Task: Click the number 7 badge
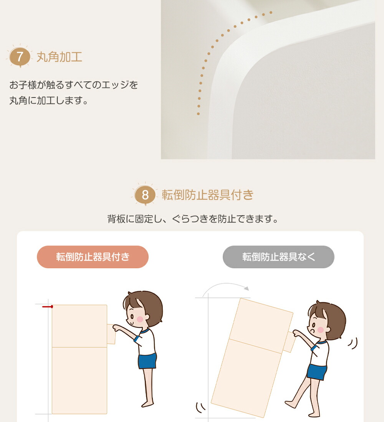click(x=20, y=56)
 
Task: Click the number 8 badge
click(x=145, y=195)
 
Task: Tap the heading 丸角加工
click(x=59, y=57)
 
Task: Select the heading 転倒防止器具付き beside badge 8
click(x=207, y=195)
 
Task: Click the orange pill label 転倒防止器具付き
click(x=93, y=257)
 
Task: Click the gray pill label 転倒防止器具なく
click(x=278, y=257)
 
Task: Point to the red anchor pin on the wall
click(x=48, y=307)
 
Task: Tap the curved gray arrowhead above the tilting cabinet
click(x=246, y=288)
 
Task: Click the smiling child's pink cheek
click(x=140, y=319)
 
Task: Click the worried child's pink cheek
click(x=320, y=330)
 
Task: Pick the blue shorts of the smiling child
click(x=147, y=361)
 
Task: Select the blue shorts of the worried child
click(x=317, y=372)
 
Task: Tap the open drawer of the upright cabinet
click(x=111, y=334)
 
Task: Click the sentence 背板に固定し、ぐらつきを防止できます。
click(x=193, y=219)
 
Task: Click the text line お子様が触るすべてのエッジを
click(x=74, y=85)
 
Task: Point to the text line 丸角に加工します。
click(x=48, y=101)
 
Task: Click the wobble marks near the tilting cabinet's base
click(x=200, y=408)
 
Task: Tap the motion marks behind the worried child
click(x=353, y=343)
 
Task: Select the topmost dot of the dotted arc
click(x=271, y=12)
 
